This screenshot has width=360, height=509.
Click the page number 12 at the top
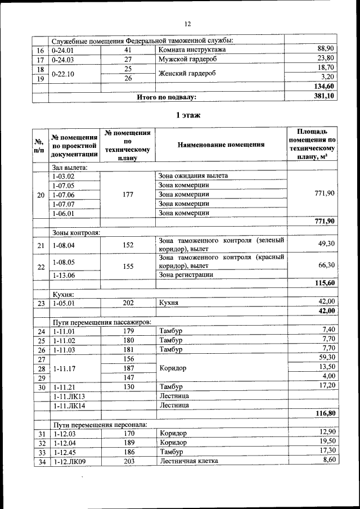188,24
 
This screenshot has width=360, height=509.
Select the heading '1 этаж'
186,115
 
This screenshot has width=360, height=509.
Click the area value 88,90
326,49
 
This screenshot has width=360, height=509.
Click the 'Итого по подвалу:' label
166,97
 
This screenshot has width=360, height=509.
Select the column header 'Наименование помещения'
220,144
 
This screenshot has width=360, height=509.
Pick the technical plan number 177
128,195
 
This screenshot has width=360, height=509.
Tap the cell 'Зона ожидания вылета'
193,175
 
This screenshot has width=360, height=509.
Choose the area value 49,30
326,244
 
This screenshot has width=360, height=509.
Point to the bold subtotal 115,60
325,283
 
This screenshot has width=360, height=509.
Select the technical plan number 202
128,302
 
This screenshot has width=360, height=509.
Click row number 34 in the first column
40,461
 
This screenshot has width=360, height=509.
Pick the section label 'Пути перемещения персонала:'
100,424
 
